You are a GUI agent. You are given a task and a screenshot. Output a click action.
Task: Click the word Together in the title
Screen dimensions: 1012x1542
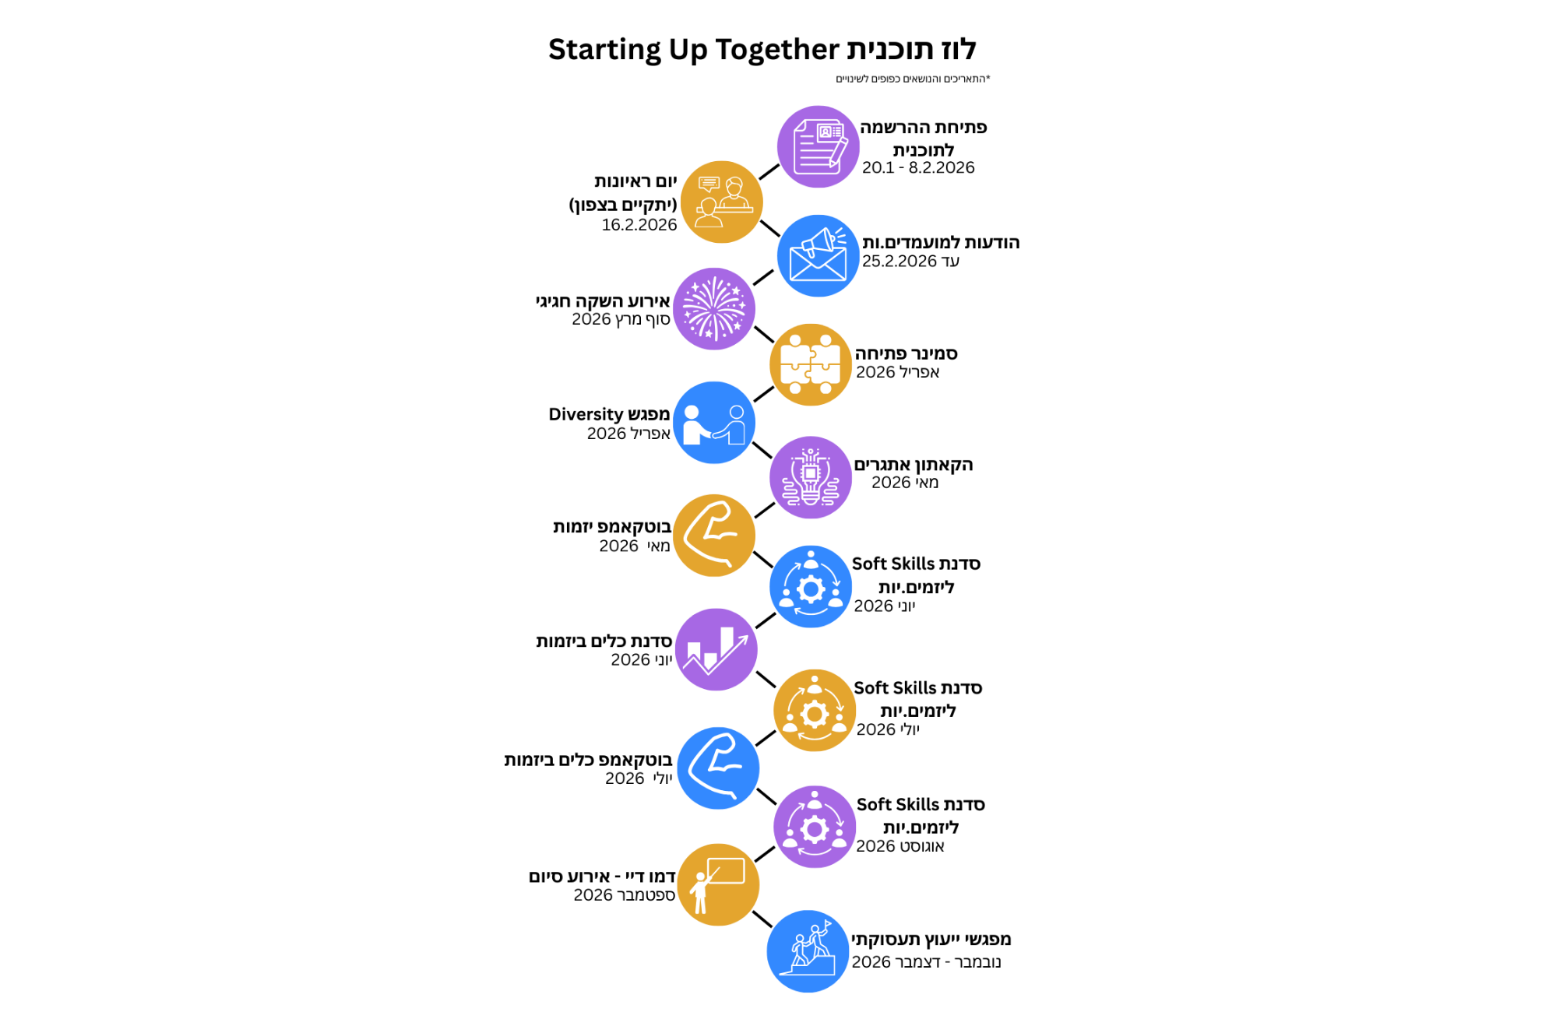pyautogui.click(x=777, y=50)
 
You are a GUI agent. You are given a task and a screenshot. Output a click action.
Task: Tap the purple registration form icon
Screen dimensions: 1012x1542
pyautogui.click(x=818, y=146)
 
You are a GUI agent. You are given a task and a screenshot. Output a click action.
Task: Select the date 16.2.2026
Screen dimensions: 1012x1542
pyautogui.click(x=639, y=225)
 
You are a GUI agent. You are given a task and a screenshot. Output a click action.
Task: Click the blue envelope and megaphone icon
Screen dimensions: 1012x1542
pyautogui.click(x=818, y=255)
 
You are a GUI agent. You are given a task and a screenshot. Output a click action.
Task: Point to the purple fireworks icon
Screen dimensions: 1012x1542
pyautogui.click(x=714, y=309)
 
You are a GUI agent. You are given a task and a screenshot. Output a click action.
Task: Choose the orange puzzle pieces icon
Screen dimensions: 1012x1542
pyautogui.click(x=811, y=364)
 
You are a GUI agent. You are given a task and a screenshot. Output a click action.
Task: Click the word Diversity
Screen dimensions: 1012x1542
pyautogui.click(x=586, y=414)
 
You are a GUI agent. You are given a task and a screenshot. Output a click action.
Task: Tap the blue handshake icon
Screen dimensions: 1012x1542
pyautogui.click(x=714, y=423)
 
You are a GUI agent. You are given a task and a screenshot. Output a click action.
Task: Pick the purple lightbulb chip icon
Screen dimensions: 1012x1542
pyautogui.click(x=811, y=477)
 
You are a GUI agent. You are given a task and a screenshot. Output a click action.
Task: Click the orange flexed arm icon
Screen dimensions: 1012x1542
pyautogui.click(x=714, y=536)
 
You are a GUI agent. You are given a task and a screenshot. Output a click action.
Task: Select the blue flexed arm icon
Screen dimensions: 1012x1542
pyautogui.click(x=718, y=768)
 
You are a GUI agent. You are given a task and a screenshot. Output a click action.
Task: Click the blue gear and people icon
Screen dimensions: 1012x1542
pyautogui.click(x=811, y=587)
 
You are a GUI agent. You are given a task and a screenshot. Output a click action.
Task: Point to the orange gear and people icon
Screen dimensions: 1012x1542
pyautogui.click(x=815, y=710)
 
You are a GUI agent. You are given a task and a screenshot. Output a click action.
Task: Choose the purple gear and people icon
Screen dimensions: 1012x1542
pyautogui.click(x=815, y=827)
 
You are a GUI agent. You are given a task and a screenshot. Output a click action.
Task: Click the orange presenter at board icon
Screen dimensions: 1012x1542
pyautogui.click(x=718, y=884)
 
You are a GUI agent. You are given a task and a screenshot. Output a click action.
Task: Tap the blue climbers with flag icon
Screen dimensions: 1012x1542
pyautogui.click(x=808, y=951)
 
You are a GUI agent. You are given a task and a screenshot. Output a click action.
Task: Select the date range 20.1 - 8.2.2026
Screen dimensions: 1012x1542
pyautogui.click(x=918, y=167)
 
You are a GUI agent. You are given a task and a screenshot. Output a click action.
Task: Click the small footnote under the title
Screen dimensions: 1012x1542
pyautogui.click(x=913, y=79)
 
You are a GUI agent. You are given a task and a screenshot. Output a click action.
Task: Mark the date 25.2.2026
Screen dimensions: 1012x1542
pyautogui.click(x=899, y=262)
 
